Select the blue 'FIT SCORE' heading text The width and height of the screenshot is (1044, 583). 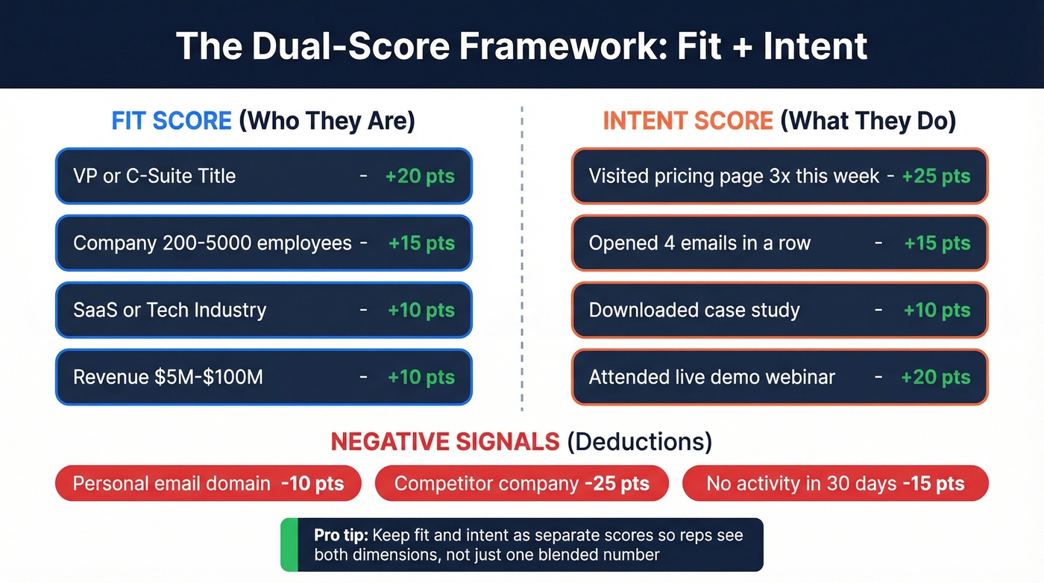(x=172, y=121)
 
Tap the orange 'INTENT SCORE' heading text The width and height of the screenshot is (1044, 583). (x=688, y=121)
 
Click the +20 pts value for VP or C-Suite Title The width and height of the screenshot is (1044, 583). (x=420, y=176)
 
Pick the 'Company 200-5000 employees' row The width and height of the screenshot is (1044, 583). (x=263, y=243)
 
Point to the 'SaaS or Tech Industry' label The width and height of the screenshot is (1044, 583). (x=169, y=311)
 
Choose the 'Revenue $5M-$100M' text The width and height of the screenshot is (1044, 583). (x=168, y=377)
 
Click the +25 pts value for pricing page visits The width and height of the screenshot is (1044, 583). (x=936, y=176)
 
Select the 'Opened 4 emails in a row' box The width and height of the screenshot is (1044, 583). (x=779, y=243)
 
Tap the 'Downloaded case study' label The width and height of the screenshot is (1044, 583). (x=694, y=311)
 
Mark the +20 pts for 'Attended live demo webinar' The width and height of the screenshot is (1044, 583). (x=936, y=377)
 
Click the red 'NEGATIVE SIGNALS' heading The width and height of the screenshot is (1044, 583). (x=444, y=441)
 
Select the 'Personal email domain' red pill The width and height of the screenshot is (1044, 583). (x=208, y=484)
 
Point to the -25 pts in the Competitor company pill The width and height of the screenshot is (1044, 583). (x=617, y=484)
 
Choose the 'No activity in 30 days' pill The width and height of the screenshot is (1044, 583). (x=835, y=484)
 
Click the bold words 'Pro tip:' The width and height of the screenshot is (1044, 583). (x=341, y=535)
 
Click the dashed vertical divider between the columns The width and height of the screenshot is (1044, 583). (x=522, y=261)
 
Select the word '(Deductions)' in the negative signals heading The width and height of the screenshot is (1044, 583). (x=639, y=441)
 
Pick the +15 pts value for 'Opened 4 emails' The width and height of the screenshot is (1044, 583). (x=937, y=243)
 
